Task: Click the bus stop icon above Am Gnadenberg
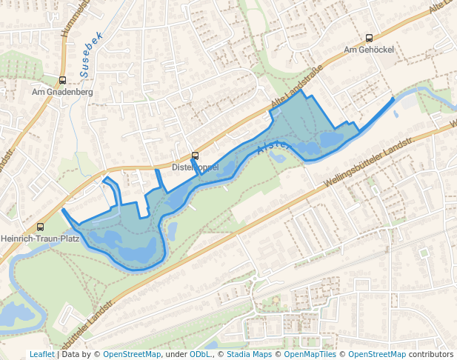coord(62,80)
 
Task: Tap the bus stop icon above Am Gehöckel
coord(369,38)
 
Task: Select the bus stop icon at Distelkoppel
coord(196,156)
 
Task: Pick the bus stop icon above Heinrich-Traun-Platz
coord(40,227)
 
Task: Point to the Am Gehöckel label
coord(369,50)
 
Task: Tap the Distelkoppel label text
coord(195,167)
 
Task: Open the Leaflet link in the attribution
coord(41,354)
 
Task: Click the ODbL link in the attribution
coord(201,354)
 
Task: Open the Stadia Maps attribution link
coord(249,354)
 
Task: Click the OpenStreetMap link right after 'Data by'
coord(132,354)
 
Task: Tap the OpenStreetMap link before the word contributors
coord(377,354)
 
